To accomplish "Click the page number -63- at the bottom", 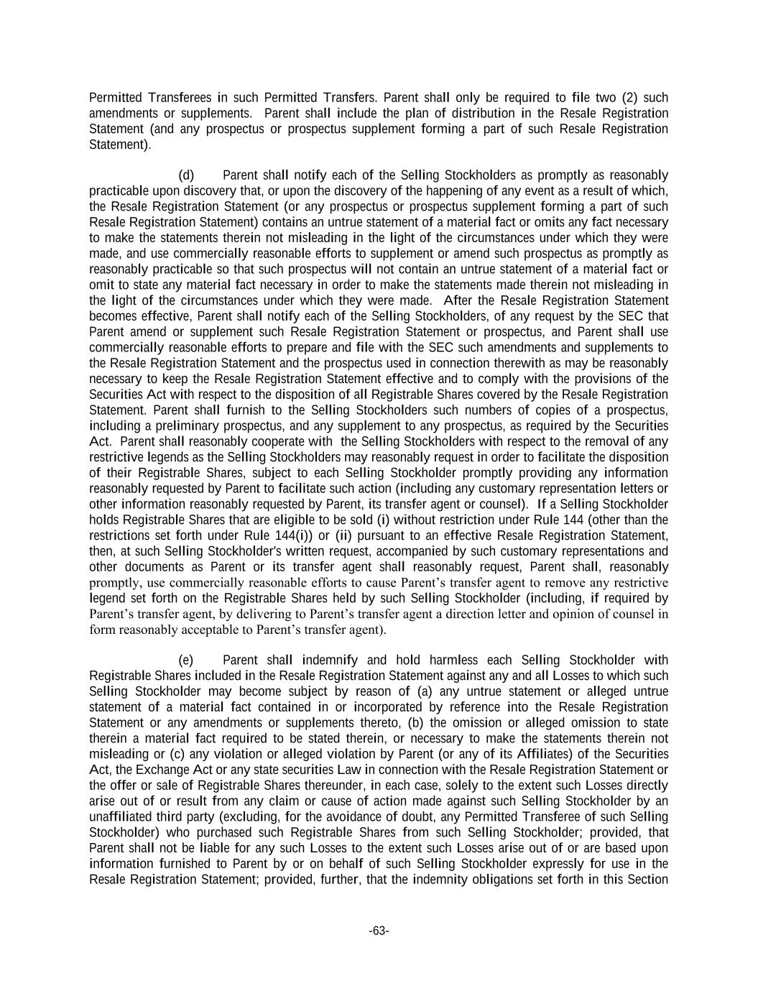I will [379, 931].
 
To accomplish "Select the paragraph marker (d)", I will [186, 175].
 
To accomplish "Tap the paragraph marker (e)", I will [186, 660].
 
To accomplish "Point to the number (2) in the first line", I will [630, 97].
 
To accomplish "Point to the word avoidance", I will [345, 816].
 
